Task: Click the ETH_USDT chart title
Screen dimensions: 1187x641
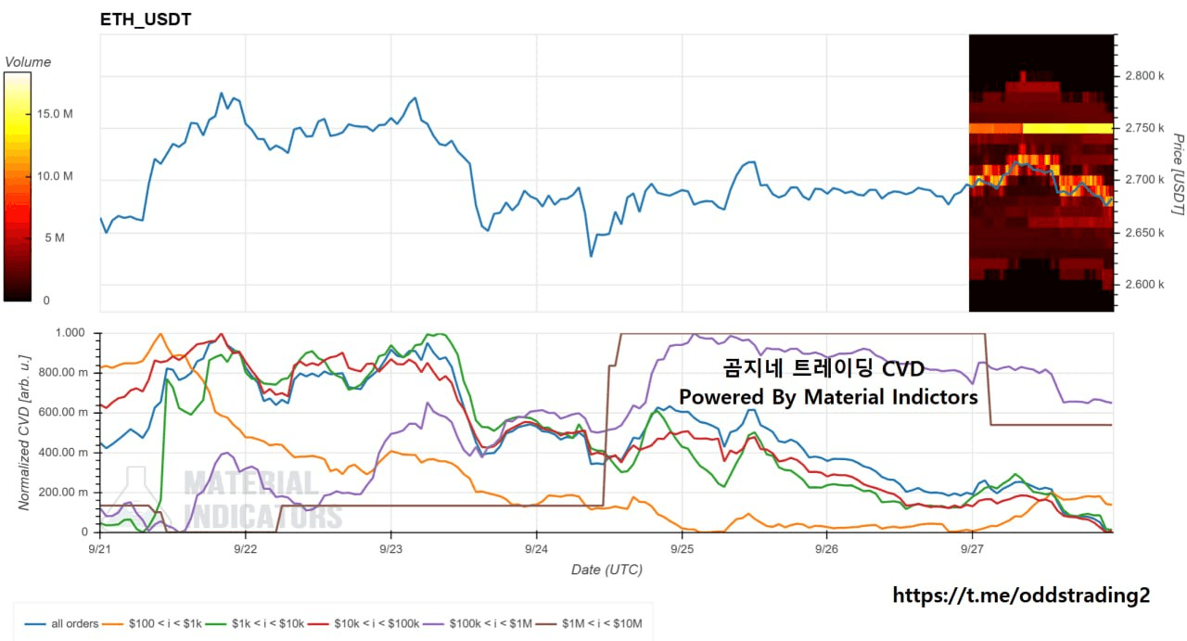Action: (x=146, y=19)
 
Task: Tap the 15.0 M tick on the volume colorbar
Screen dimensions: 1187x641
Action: (x=55, y=114)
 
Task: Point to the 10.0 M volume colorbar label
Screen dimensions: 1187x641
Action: (x=55, y=176)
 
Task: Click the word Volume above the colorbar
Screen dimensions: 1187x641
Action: (x=28, y=62)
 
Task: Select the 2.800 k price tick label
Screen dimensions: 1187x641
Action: (x=1144, y=76)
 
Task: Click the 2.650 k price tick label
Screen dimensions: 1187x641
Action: (x=1144, y=233)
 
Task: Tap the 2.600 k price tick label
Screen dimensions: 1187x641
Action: (x=1144, y=285)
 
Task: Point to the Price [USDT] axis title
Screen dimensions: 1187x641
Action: (x=1178, y=174)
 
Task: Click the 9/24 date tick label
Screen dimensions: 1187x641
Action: (x=536, y=549)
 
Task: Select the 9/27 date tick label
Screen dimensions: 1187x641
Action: (x=972, y=549)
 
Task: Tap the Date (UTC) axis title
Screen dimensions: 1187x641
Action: (x=606, y=570)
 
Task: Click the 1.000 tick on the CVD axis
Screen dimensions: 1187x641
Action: (x=70, y=333)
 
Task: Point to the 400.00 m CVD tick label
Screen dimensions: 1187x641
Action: (x=63, y=453)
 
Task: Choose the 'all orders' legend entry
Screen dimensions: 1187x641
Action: (x=62, y=624)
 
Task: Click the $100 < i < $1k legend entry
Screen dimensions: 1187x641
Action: (x=152, y=624)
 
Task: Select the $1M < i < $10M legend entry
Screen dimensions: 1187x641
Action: (x=589, y=624)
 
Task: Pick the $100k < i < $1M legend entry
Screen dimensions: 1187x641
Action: (x=478, y=624)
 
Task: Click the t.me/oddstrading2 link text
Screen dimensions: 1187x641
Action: (x=1021, y=596)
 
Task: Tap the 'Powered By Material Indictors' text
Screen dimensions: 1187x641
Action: (x=828, y=397)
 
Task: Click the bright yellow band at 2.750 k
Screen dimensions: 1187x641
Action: (x=1067, y=128)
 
